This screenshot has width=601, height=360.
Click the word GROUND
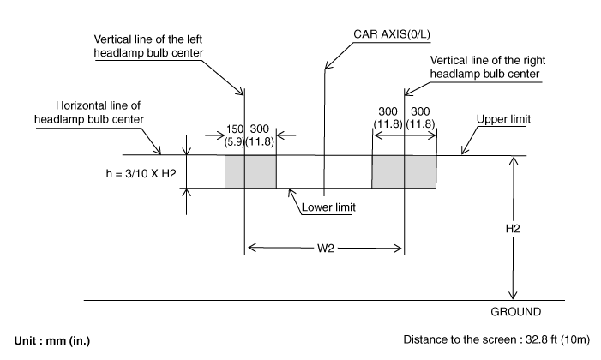(516, 311)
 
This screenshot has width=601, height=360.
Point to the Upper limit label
(505, 119)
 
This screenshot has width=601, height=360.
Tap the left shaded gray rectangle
(250, 171)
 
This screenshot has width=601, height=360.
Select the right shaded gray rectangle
(404, 171)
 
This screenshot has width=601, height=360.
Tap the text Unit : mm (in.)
(51, 340)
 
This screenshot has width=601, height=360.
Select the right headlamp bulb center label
(486, 67)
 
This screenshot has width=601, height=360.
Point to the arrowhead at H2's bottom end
(512, 295)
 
